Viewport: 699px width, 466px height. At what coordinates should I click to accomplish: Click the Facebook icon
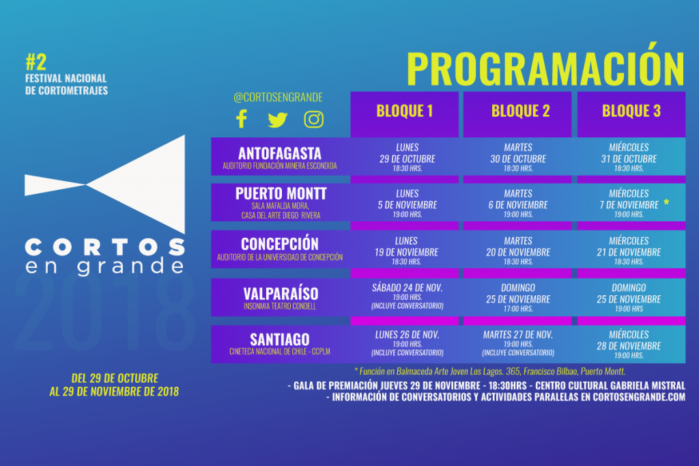pyautogui.click(x=242, y=119)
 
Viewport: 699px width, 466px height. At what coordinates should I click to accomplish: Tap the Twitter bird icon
pyautogui.click(x=277, y=120)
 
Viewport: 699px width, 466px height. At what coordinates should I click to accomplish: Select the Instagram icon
pyautogui.click(x=314, y=119)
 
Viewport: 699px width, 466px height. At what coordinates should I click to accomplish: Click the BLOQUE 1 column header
pyautogui.click(x=404, y=111)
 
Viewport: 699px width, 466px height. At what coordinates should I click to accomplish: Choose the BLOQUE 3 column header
pyautogui.click(x=631, y=111)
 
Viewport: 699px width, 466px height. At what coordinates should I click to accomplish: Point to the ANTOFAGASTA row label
pyautogui.click(x=280, y=154)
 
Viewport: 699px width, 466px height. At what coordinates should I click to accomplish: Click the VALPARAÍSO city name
pyautogui.click(x=281, y=294)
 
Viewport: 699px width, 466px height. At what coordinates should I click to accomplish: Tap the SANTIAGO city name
pyautogui.click(x=279, y=340)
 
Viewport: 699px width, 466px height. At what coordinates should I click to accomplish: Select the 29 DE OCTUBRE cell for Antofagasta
pyautogui.click(x=408, y=158)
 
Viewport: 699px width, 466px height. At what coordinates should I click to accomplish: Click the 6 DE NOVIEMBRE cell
pyautogui.click(x=518, y=204)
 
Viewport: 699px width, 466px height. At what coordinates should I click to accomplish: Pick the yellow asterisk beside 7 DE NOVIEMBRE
pyautogui.click(x=666, y=202)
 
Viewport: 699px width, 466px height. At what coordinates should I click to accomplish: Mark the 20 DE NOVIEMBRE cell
pyautogui.click(x=518, y=251)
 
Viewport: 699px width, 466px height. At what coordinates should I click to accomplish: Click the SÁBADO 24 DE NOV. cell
pyautogui.click(x=408, y=297)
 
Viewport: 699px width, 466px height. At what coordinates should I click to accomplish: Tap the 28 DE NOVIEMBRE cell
pyautogui.click(x=629, y=344)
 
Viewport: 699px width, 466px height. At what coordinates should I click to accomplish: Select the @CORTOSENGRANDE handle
pyautogui.click(x=279, y=97)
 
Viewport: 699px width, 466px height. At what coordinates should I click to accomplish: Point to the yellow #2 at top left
pyautogui.click(x=36, y=62)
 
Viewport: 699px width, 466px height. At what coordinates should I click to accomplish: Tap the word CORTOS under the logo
pyautogui.click(x=104, y=247)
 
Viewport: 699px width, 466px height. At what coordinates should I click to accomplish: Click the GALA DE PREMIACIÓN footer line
pyautogui.click(x=486, y=385)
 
